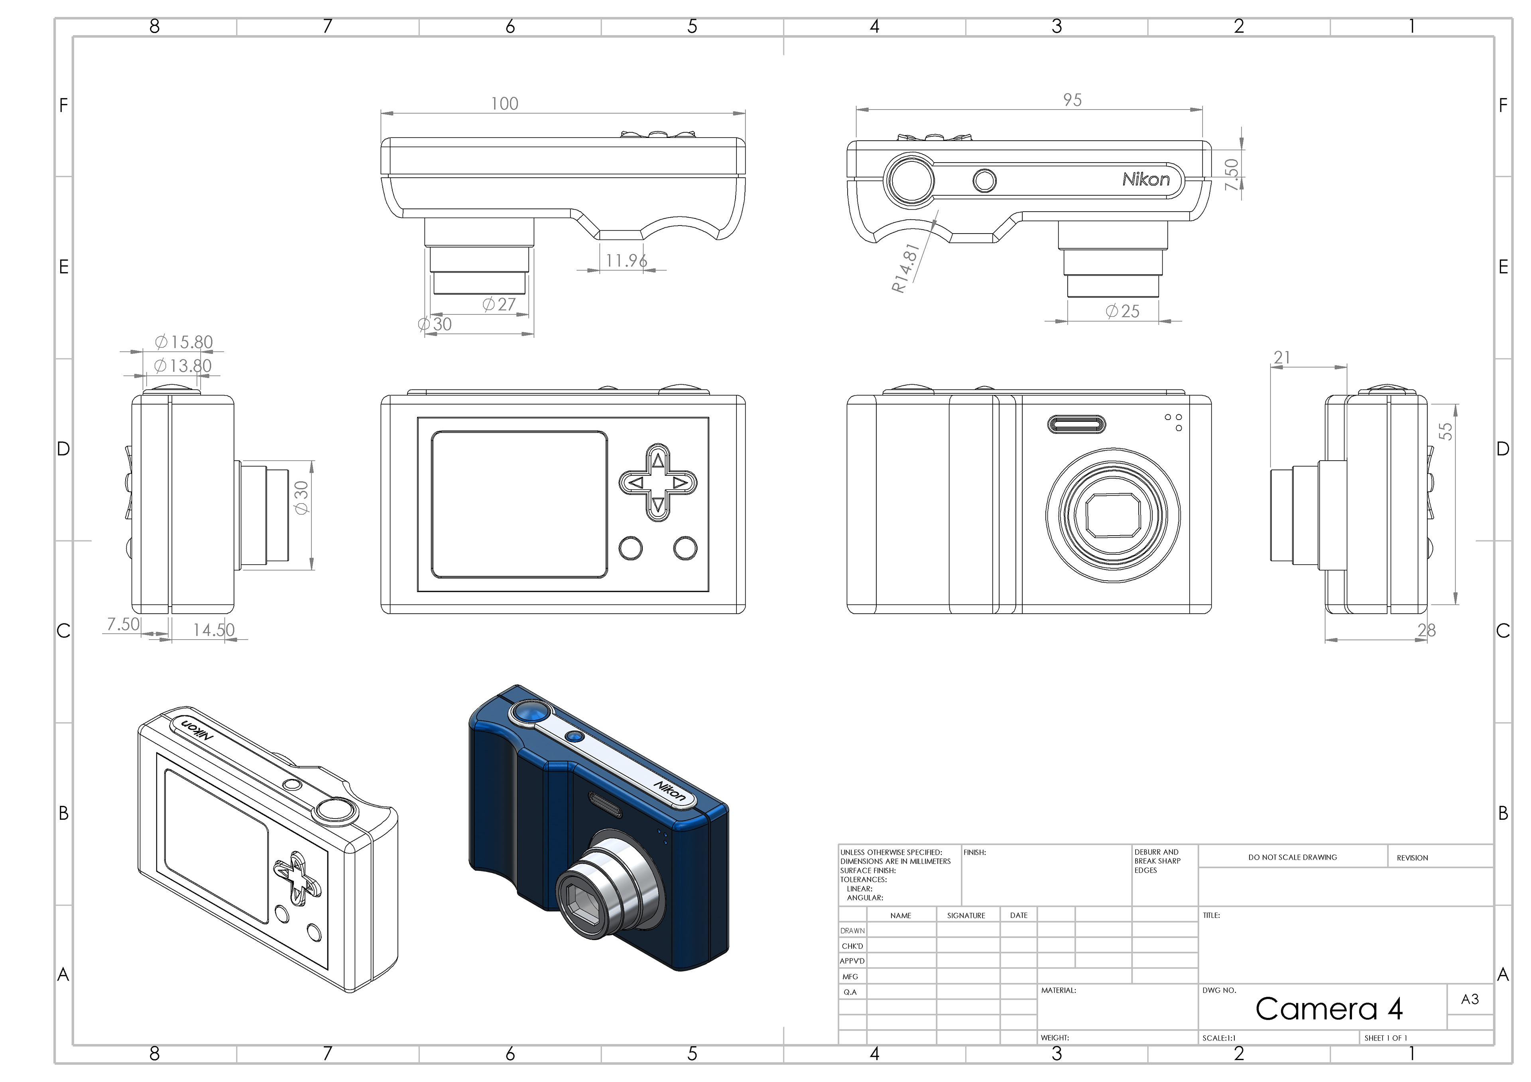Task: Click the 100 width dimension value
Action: (x=504, y=104)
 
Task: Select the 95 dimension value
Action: (x=1072, y=100)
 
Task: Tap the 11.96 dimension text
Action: (x=626, y=261)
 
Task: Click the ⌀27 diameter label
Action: (x=500, y=304)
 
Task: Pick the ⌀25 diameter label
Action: (x=1123, y=311)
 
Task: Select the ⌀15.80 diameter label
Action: (x=184, y=342)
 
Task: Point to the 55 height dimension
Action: (x=1445, y=431)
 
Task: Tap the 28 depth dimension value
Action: (x=1426, y=630)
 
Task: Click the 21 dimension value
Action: (x=1281, y=358)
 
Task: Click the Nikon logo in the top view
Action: (x=1145, y=179)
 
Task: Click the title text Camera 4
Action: (x=1328, y=1009)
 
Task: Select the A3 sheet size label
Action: (x=1470, y=1000)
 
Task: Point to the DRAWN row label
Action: (x=852, y=931)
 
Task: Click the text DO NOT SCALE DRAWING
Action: (x=1292, y=857)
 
